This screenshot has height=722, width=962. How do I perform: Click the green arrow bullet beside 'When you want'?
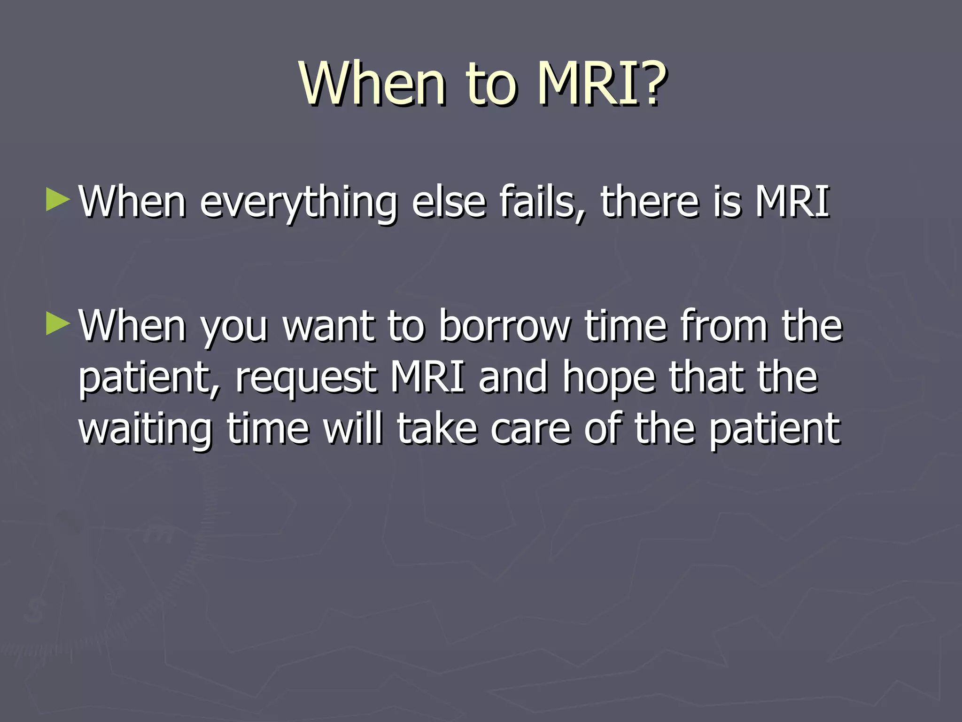[58, 324]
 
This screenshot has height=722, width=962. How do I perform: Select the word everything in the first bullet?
[298, 203]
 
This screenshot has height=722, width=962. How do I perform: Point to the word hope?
[609, 379]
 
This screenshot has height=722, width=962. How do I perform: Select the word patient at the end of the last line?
[774, 430]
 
